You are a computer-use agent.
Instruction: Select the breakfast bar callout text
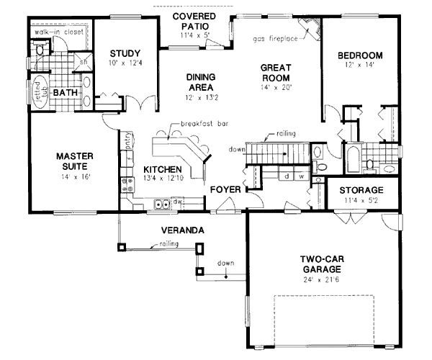pos(204,123)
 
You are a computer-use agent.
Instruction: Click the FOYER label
pos(225,190)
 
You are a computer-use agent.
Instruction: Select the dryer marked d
pos(287,175)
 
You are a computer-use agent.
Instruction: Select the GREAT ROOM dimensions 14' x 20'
pos(274,89)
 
